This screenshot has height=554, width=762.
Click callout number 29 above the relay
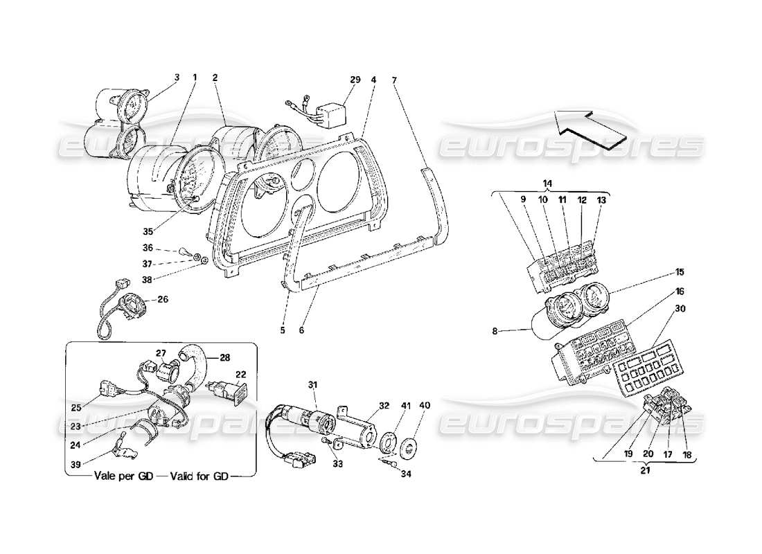click(355, 80)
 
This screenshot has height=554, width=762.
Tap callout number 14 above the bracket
click(547, 182)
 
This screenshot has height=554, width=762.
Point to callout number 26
click(163, 300)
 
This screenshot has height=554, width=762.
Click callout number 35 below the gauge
click(150, 232)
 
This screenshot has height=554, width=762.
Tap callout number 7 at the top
click(394, 80)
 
